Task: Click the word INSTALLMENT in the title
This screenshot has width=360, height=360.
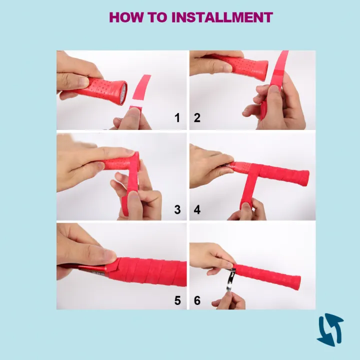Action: click(x=222, y=17)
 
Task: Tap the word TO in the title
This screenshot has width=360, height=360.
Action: click(x=157, y=17)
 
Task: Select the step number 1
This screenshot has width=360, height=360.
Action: click(x=177, y=118)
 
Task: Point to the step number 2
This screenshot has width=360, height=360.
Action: click(x=197, y=118)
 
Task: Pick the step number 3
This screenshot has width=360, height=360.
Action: click(x=177, y=209)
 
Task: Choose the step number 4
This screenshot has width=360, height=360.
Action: click(x=197, y=209)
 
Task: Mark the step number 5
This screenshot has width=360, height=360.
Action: click(x=177, y=300)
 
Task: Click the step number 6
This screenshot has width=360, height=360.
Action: click(x=197, y=300)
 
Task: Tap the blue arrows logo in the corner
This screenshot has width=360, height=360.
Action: click(x=330, y=329)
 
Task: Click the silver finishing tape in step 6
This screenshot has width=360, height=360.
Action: click(x=230, y=280)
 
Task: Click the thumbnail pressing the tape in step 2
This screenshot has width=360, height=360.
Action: click(x=273, y=90)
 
